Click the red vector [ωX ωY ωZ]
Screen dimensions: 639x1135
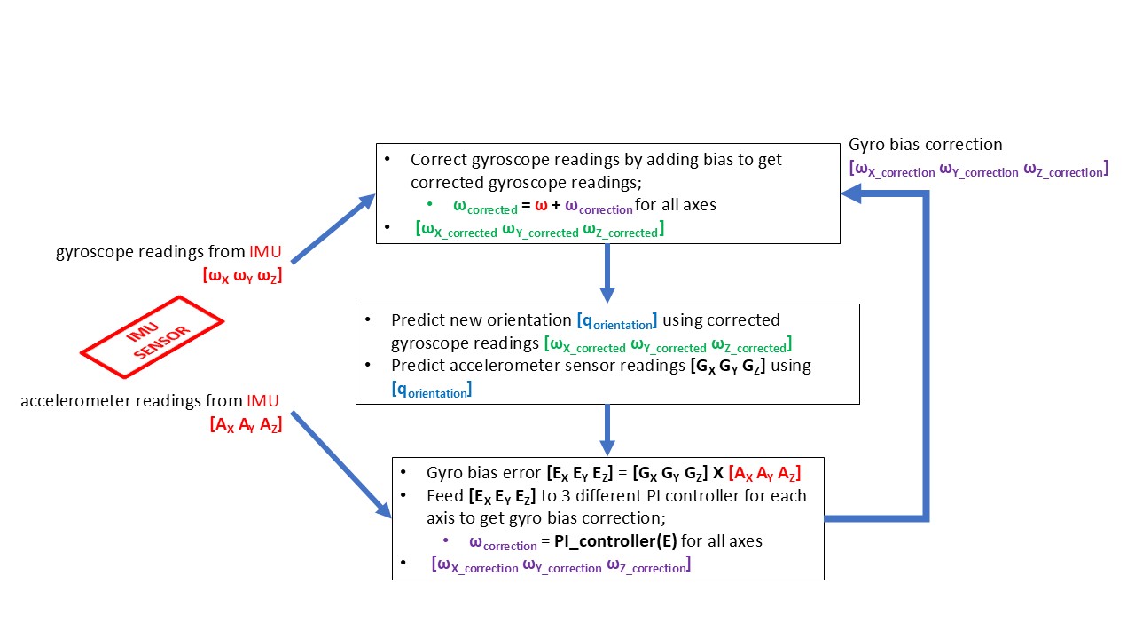tap(242, 275)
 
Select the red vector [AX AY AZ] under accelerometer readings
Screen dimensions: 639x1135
tap(246, 424)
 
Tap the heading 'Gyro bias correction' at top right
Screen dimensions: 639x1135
tap(925, 144)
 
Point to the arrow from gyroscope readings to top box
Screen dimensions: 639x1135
tap(333, 228)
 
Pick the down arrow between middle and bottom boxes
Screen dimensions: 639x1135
tap(607, 430)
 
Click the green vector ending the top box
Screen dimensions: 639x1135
tap(539, 230)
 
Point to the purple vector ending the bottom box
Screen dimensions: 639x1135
tap(560, 564)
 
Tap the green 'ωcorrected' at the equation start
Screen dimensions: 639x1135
tap(484, 206)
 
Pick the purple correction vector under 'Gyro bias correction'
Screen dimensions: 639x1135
tap(978, 169)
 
